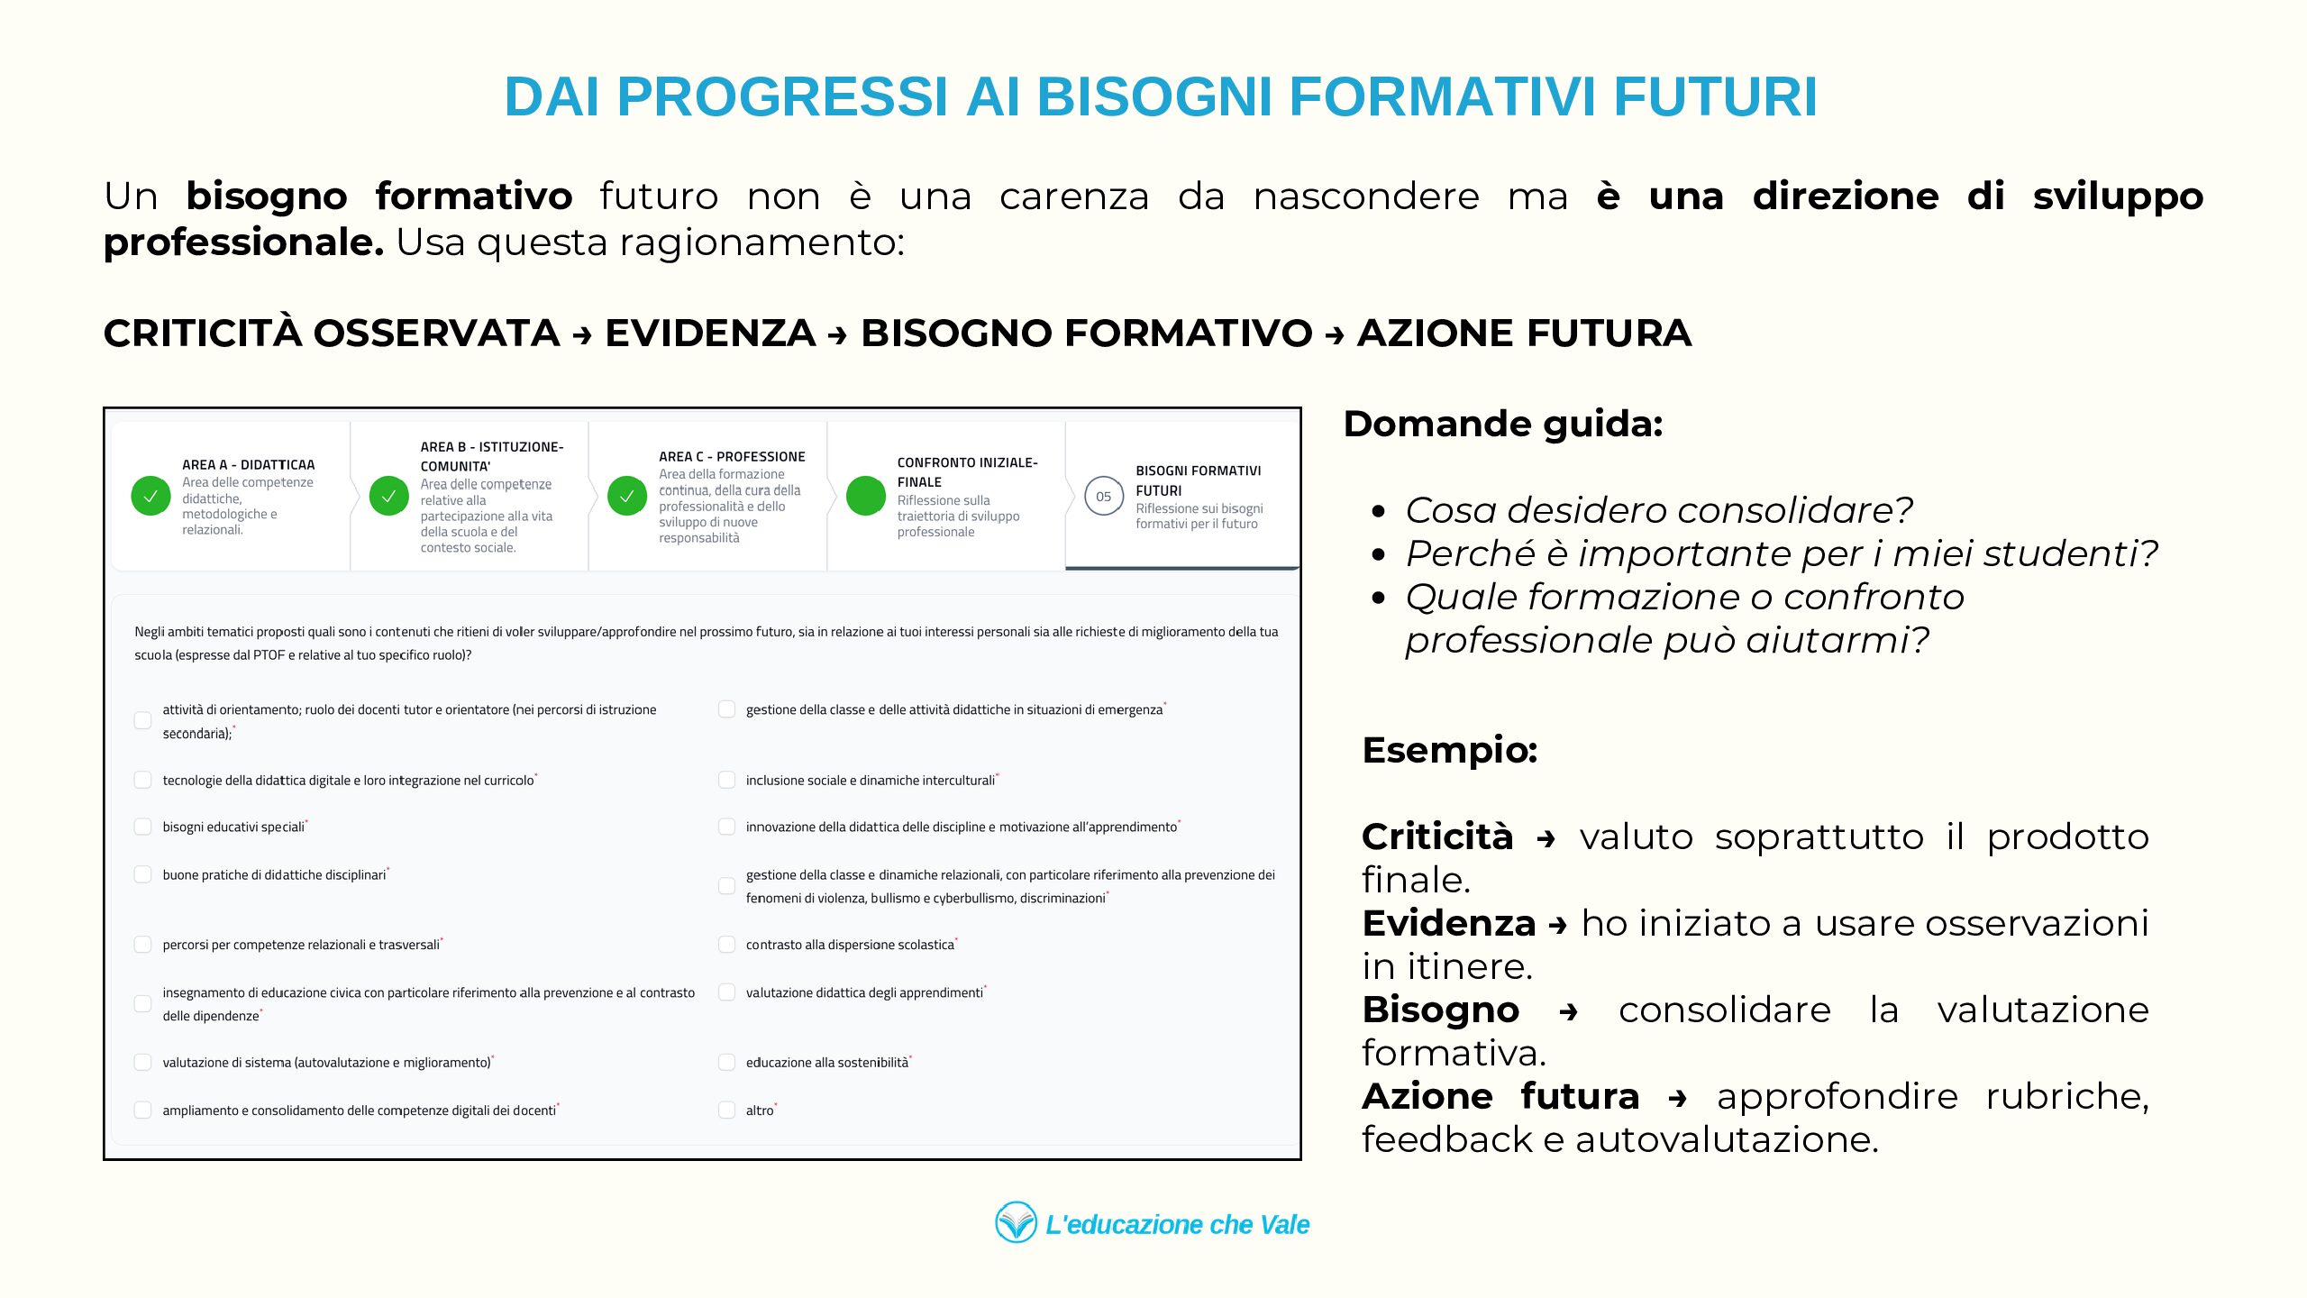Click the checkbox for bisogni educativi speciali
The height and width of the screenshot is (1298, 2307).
click(142, 827)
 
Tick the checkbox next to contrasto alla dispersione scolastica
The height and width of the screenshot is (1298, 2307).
click(726, 944)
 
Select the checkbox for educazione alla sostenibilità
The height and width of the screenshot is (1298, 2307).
click(726, 1062)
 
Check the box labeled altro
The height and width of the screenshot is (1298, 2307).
click(726, 1110)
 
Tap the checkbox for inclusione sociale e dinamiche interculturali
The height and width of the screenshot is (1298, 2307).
click(726, 780)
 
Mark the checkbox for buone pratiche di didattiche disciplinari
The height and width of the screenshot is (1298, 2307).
click(142, 873)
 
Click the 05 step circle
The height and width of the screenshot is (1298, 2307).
click(1103, 496)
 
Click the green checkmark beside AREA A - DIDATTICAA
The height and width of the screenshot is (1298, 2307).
click(150, 496)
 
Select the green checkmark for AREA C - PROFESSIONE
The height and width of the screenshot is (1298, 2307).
click(627, 496)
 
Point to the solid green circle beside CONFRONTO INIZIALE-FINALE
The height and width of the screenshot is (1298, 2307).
click(866, 496)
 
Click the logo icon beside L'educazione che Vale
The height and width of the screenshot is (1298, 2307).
click(1016, 1222)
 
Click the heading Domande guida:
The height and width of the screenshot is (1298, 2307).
click(1502, 424)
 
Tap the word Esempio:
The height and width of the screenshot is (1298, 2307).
click(1449, 750)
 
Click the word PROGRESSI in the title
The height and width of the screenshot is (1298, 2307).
click(782, 96)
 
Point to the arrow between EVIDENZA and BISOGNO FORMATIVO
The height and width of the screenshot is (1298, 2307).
click(838, 335)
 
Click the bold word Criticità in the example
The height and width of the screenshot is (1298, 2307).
click(1436, 836)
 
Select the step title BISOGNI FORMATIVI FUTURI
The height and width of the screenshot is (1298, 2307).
click(1198, 480)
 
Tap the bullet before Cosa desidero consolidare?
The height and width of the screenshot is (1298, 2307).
click(1378, 512)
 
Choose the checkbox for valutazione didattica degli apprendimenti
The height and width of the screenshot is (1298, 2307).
click(726, 992)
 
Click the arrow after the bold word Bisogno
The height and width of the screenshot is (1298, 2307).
click(1568, 1012)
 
